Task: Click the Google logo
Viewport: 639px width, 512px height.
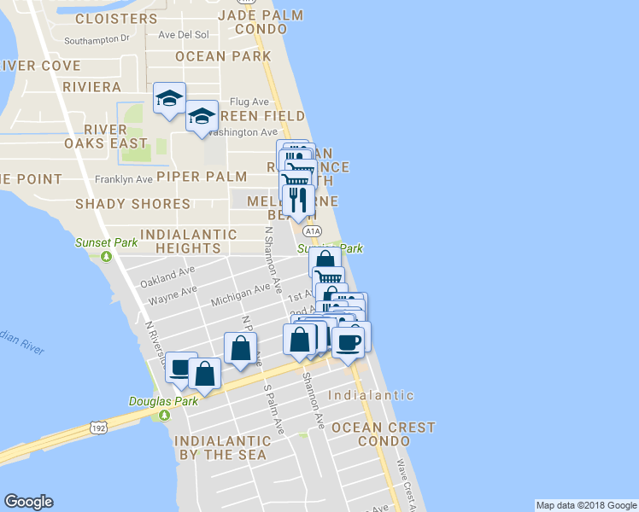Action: pos(28,502)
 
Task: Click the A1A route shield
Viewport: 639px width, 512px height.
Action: pos(313,230)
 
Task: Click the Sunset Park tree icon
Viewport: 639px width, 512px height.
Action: pos(107,256)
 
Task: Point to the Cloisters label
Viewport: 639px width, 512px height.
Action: pos(116,18)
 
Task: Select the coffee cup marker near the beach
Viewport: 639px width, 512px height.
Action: pos(349,342)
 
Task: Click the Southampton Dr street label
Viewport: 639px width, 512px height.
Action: pos(97,38)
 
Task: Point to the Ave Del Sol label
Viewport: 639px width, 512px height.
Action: pos(184,35)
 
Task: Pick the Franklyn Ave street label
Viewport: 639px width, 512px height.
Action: pos(123,180)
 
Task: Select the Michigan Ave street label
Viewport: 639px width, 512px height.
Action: pos(239,293)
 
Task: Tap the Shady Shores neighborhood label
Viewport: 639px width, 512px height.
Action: pos(132,204)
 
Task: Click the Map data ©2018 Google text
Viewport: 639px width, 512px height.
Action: pos(586,505)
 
